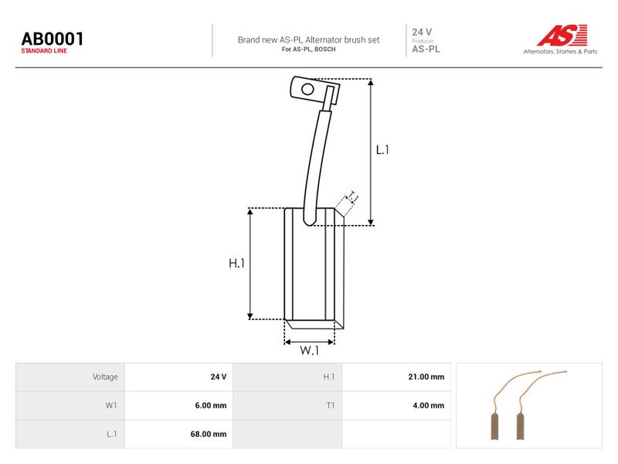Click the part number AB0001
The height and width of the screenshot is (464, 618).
coord(53,39)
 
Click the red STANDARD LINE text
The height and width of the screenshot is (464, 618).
coord(44,51)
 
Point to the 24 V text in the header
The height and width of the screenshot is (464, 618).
coord(422,32)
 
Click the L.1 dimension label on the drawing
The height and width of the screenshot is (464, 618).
coord(382,150)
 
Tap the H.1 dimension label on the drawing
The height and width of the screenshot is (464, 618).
coord(236,263)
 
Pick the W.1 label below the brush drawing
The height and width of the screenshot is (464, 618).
coord(310,350)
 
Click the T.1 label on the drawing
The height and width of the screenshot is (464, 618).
coord(351,196)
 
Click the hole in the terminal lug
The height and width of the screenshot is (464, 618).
coord(307,89)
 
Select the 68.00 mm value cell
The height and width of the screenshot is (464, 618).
coord(209,434)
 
